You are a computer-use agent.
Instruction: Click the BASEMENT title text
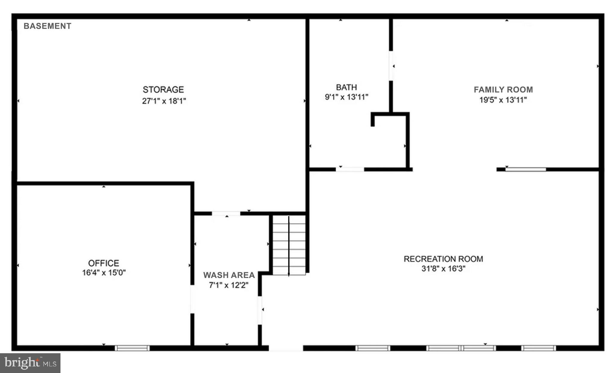[47, 26]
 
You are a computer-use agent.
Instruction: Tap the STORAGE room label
[163, 90]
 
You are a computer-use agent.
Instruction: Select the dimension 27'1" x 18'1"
[164, 101]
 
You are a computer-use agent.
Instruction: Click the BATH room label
[346, 87]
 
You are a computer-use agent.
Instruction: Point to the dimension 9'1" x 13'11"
[346, 97]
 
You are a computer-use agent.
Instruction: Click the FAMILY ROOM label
[503, 90]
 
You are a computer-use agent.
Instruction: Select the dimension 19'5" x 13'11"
[503, 100]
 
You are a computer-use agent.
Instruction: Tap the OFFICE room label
[104, 263]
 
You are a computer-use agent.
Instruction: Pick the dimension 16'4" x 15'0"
[104, 273]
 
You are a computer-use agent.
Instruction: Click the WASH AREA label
[229, 275]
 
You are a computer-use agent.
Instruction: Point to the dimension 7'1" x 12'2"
[229, 285]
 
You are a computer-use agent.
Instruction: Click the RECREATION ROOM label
[443, 259]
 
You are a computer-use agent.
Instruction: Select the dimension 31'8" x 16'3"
[443, 269]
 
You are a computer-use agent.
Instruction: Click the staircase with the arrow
[289, 245]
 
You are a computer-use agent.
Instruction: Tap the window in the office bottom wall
[132, 348]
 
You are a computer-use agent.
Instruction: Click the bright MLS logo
[30, 363]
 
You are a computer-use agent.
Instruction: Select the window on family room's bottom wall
[525, 170]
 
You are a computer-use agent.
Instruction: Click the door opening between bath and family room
[391, 66]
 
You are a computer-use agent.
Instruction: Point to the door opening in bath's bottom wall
[350, 170]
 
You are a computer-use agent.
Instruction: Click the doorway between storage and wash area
[226, 213]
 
